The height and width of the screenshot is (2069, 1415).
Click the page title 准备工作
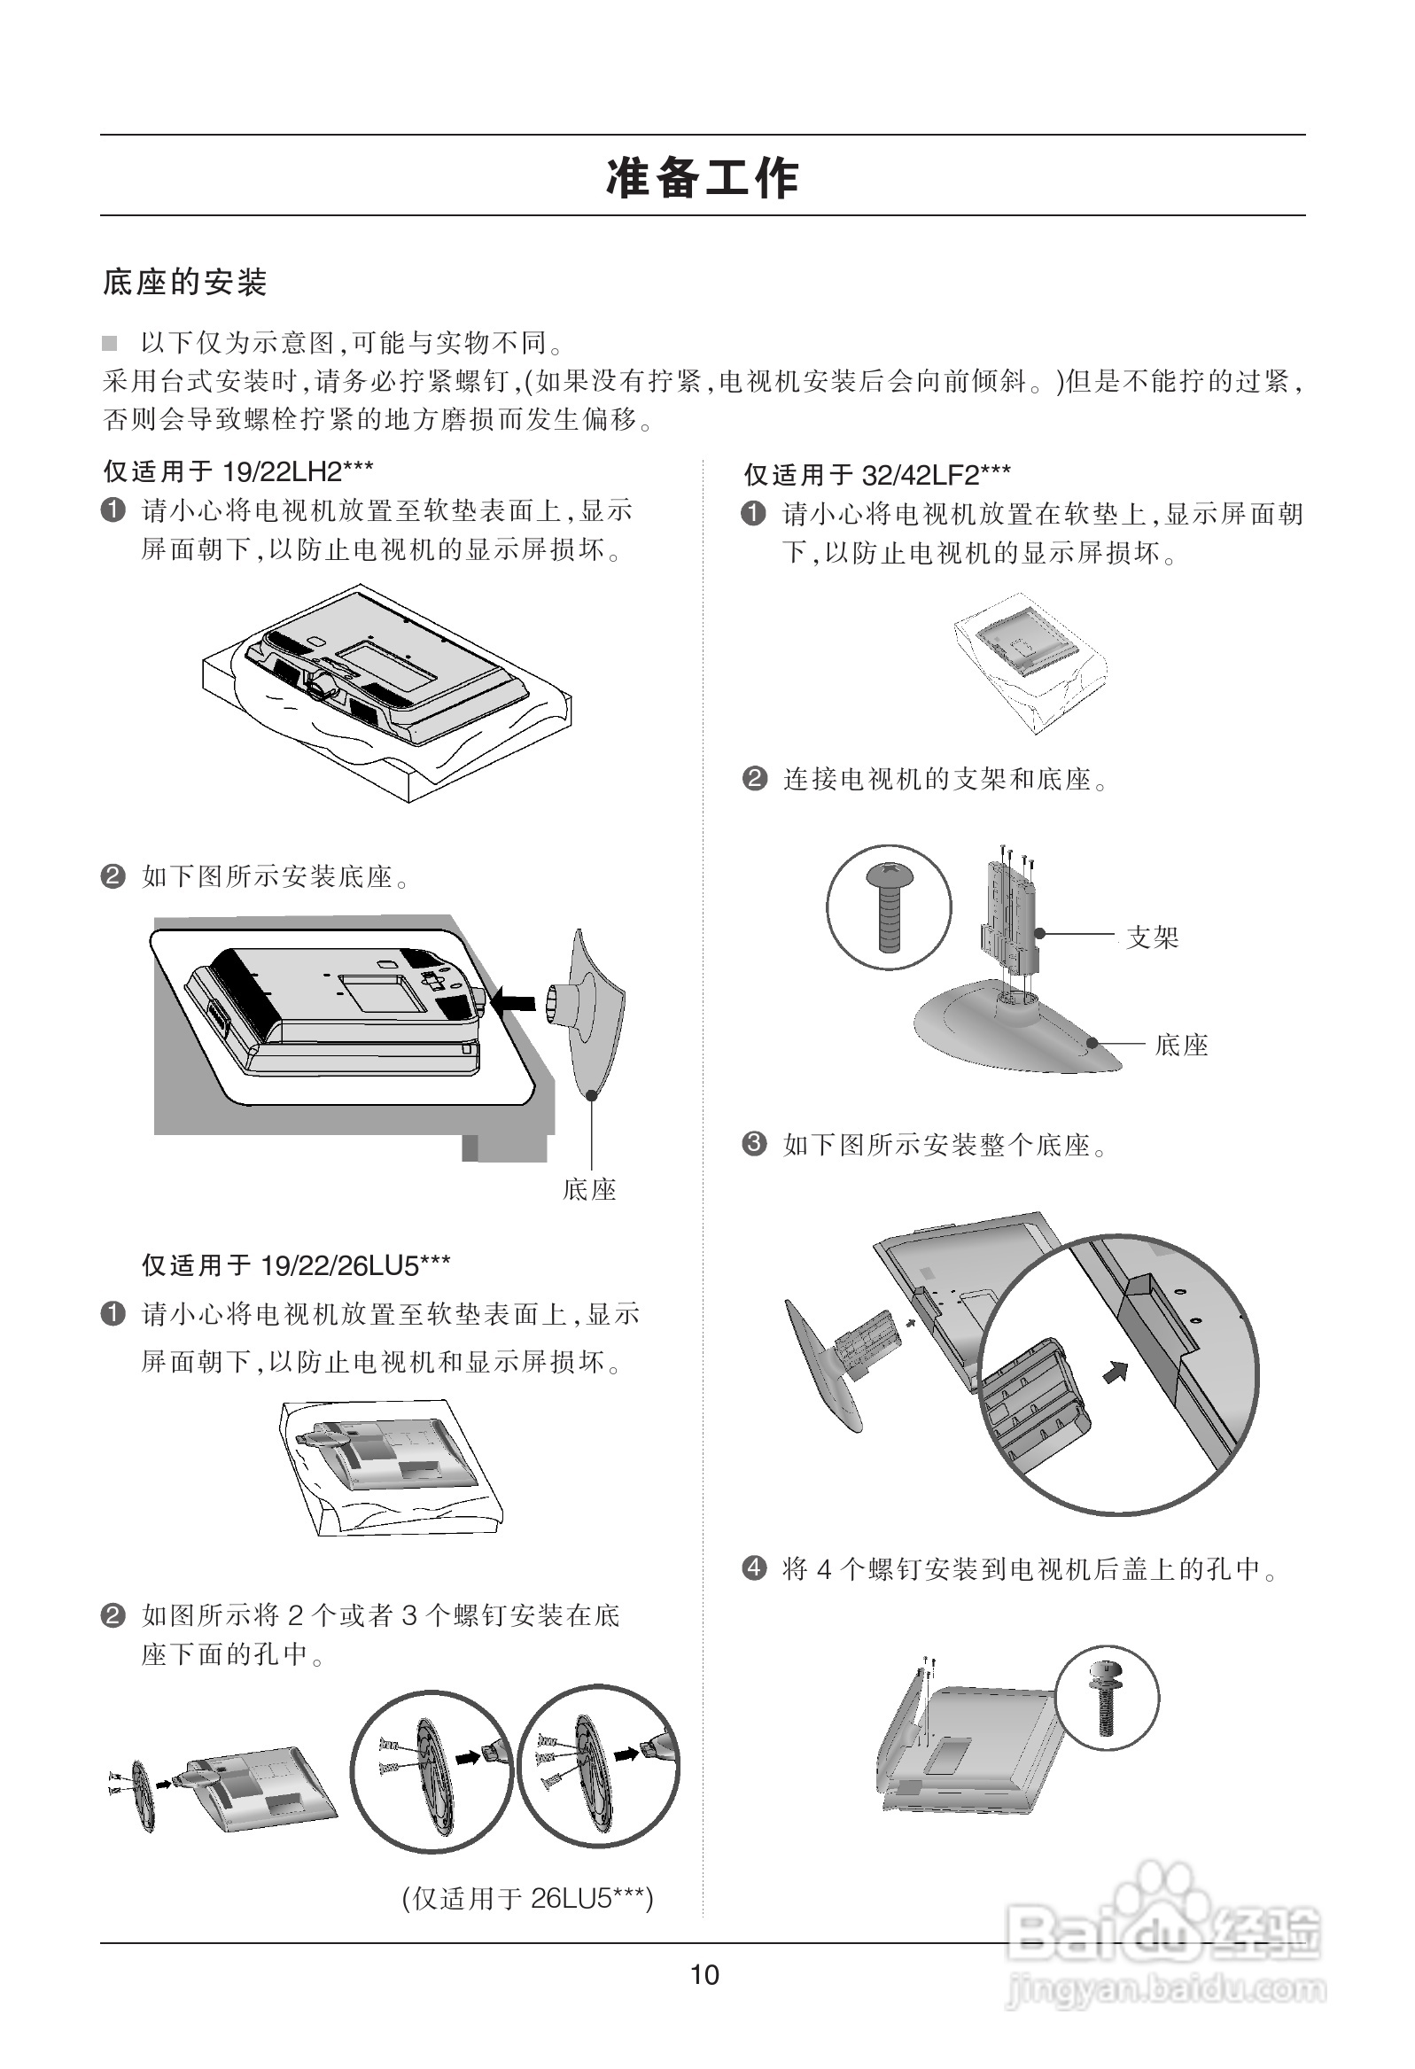coord(703,177)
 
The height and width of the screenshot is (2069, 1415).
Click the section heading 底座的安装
coord(185,283)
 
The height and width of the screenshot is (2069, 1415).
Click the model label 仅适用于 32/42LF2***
coord(877,475)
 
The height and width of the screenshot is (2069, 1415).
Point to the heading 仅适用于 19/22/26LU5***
coord(296,1265)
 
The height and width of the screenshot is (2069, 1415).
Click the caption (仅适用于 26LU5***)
coord(528,1898)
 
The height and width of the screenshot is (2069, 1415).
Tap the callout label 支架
coord(1153,937)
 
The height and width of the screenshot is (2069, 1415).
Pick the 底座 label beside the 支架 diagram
coord(1182,1045)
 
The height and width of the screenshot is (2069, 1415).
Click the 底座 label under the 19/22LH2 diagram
coord(589,1189)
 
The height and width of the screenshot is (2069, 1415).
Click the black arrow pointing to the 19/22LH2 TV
coord(514,1000)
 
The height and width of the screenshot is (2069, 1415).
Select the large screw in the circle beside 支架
coord(890,907)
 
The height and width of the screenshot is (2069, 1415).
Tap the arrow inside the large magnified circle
coord(1115,1372)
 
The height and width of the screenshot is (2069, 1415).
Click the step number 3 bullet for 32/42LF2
coord(754,1143)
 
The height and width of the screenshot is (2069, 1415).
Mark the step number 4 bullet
coord(754,1567)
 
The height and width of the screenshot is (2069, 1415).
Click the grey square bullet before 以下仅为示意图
coord(110,343)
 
